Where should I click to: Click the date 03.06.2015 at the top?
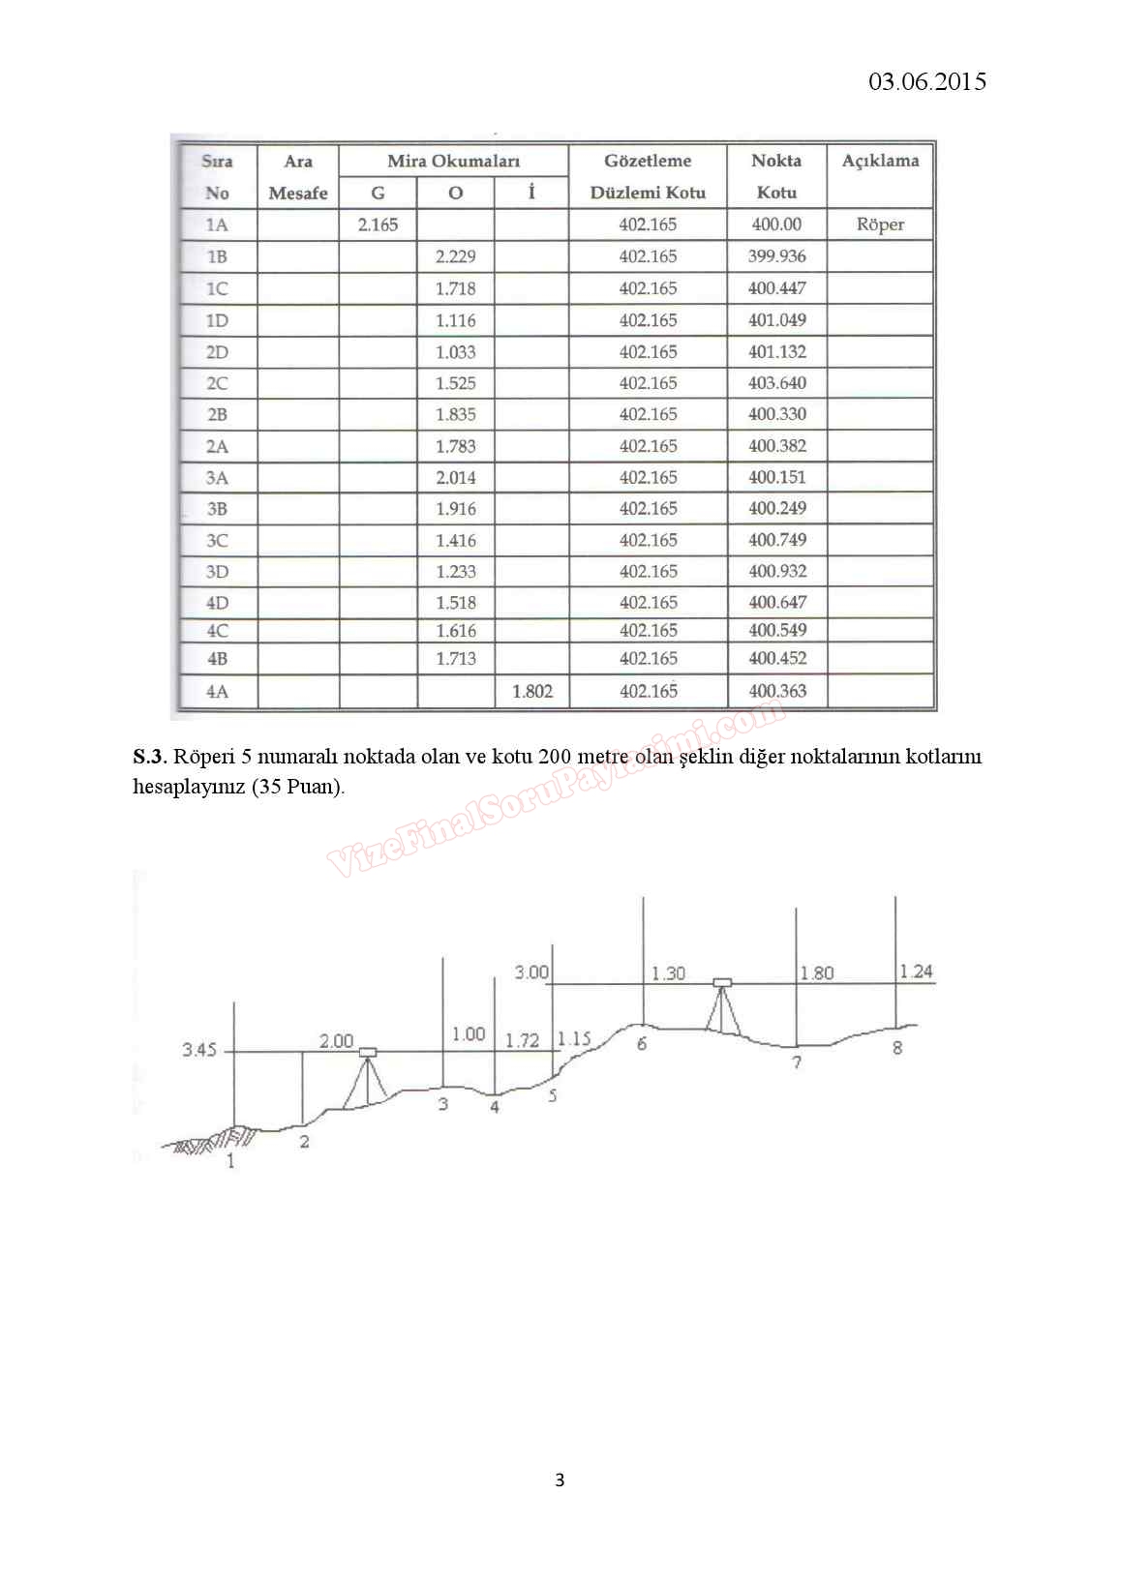pos(926,81)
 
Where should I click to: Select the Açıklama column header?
pos(880,161)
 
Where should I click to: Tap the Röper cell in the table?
pos(880,224)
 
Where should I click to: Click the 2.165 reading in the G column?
pos(378,224)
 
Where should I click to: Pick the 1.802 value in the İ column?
pos(531,691)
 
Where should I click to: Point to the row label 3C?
pos(217,540)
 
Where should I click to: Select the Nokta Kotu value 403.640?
pos(776,383)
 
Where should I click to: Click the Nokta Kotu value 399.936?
pos(776,256)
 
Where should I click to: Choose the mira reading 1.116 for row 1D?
pos(455,320)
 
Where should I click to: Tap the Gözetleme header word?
pos(648,161)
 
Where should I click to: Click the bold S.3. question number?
pos(150,757)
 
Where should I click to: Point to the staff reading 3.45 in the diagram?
pos(199,1050)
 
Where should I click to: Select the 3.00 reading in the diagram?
pos(530,972)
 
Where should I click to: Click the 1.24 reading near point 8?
pos(916,971)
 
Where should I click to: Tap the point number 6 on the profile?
pos(641,1044)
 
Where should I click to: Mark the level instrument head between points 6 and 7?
pos(722,983)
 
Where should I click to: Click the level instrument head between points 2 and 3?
pos(368,1052)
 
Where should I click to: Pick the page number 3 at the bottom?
pos(560,1479)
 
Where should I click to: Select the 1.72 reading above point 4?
pos(522,1040)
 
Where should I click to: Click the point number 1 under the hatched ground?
pos(230,1161)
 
